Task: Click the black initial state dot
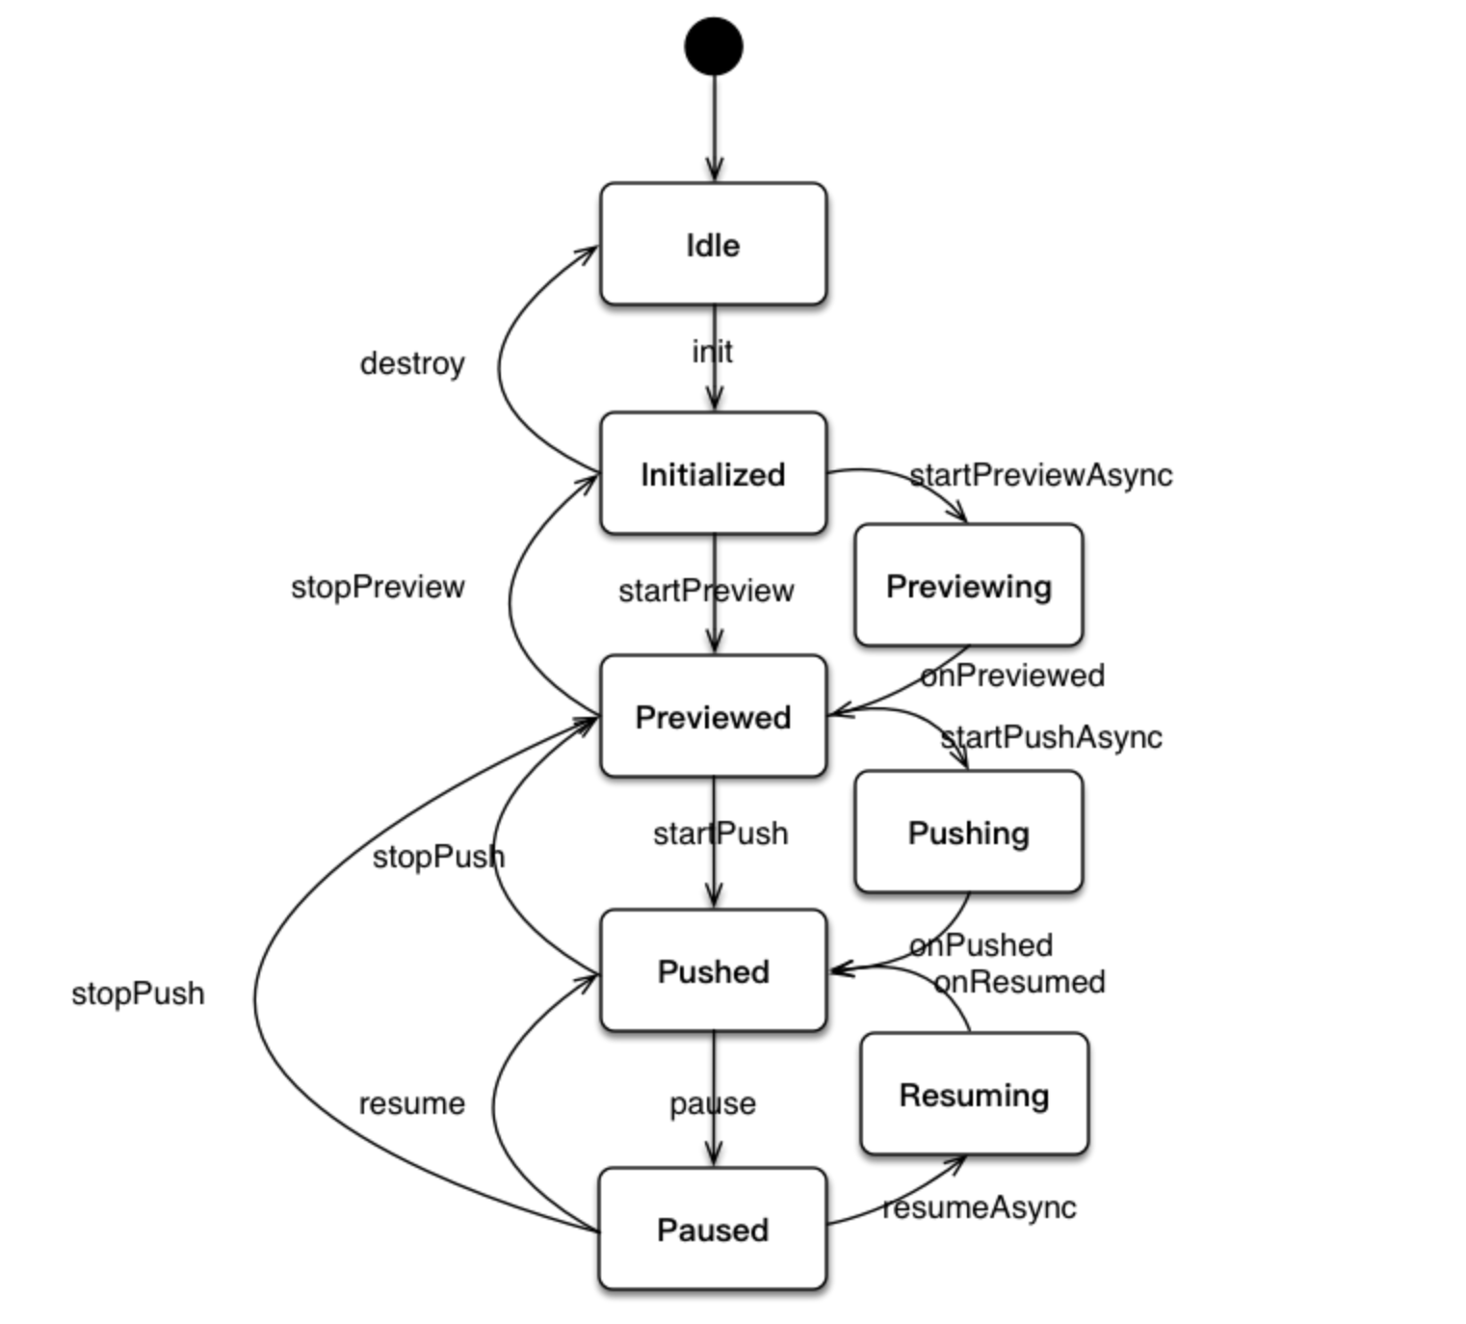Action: [x=714, y=46]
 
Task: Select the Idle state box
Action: [x=713, y=245]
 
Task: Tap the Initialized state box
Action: [x=713, y=474]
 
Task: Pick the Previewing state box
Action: [x=968, y=586]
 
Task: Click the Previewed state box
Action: [x=713, y=717]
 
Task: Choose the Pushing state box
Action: [x=968, y=833]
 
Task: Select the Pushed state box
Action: [x=713, y=971]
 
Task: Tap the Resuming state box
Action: [x=974, y=1095]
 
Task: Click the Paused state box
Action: [x=713, y=1230]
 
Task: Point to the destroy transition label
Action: [x=412, y=363]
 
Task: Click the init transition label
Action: [x=712, y=352]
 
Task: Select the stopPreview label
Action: [x=378, y=587]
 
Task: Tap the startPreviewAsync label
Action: [x=1041, y=475]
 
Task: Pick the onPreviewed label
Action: [x=1012, y=675]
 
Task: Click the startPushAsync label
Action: [x=1051, y=737]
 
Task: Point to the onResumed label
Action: [x=1020, y=982]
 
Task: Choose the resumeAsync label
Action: [x=980, y=1207]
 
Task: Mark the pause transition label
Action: [x=713, y=1103]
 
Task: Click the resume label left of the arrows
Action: [x=411, y=1103]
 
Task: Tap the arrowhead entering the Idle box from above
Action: [x=714, y=172]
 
